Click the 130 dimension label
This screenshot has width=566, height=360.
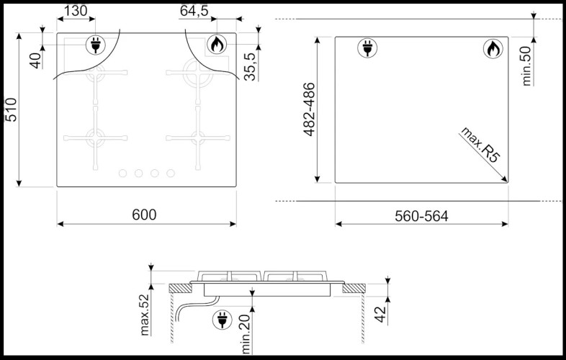pyautogui.click(x=76, y=11)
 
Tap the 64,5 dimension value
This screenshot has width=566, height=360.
pyautogui.click(x=194, y=11)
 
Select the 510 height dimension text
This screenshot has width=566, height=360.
pyautogui.click(x=11, y=109)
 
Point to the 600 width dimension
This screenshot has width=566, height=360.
pyautogui.click(x=144, y=215)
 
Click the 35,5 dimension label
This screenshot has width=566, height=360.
pyautogui.click(x=250, y=66)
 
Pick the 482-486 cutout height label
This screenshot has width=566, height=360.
pyautogui.click(x=309, y=109)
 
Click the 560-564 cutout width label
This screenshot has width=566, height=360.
pyautogui.click(x=421, y=216)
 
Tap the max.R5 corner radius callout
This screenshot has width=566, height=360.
pyautogui.click(x=480, y=145)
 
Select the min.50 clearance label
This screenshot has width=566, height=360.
pyautogui.click(x=527, y=66)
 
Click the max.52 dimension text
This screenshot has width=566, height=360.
pyautogui.click(x=145, y=315)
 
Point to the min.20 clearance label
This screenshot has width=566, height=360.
pyautogui.click(x=246, y=334)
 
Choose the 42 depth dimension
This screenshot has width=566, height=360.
pyautogui.click(x=380, y=315)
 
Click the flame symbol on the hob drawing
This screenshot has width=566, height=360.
pyautogui.click(x=217, y=45)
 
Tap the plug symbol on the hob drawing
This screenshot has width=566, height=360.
pyautogui.click(x=96, y=45)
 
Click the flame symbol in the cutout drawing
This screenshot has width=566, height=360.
pyautogui.click(x=493, y=49)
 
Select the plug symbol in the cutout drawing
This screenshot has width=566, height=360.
pyautogui.click(x=367, y=48)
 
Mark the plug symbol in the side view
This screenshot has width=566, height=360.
pyautogui.click(x=223, y=320)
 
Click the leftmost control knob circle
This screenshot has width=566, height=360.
pyautogui.click(x=122, y=174)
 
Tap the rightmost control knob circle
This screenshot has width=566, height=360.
pyautogui.click(x=171, y=174)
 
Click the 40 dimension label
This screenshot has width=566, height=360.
pyautogui.click(x=36, y=60)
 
